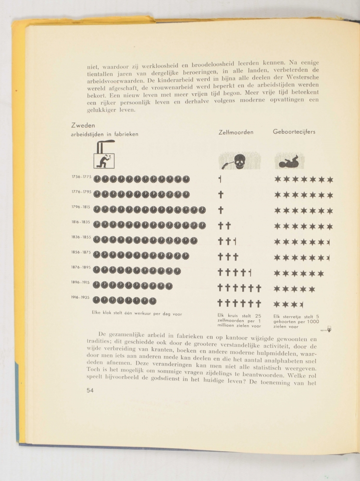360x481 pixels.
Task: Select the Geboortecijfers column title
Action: pos(294,132)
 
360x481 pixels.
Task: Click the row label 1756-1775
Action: pos(81,177)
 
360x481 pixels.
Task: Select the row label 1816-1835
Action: pos(81,223)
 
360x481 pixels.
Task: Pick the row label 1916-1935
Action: pos(81,297)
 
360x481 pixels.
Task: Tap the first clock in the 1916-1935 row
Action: pos(97,301)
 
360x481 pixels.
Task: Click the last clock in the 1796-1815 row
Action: pos(202,210)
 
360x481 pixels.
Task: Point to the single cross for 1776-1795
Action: pos(221,195)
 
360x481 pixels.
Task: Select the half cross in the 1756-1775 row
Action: pos(220,180)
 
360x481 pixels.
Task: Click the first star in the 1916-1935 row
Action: pos(277,304)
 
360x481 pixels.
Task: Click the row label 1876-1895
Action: pos(81,267)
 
